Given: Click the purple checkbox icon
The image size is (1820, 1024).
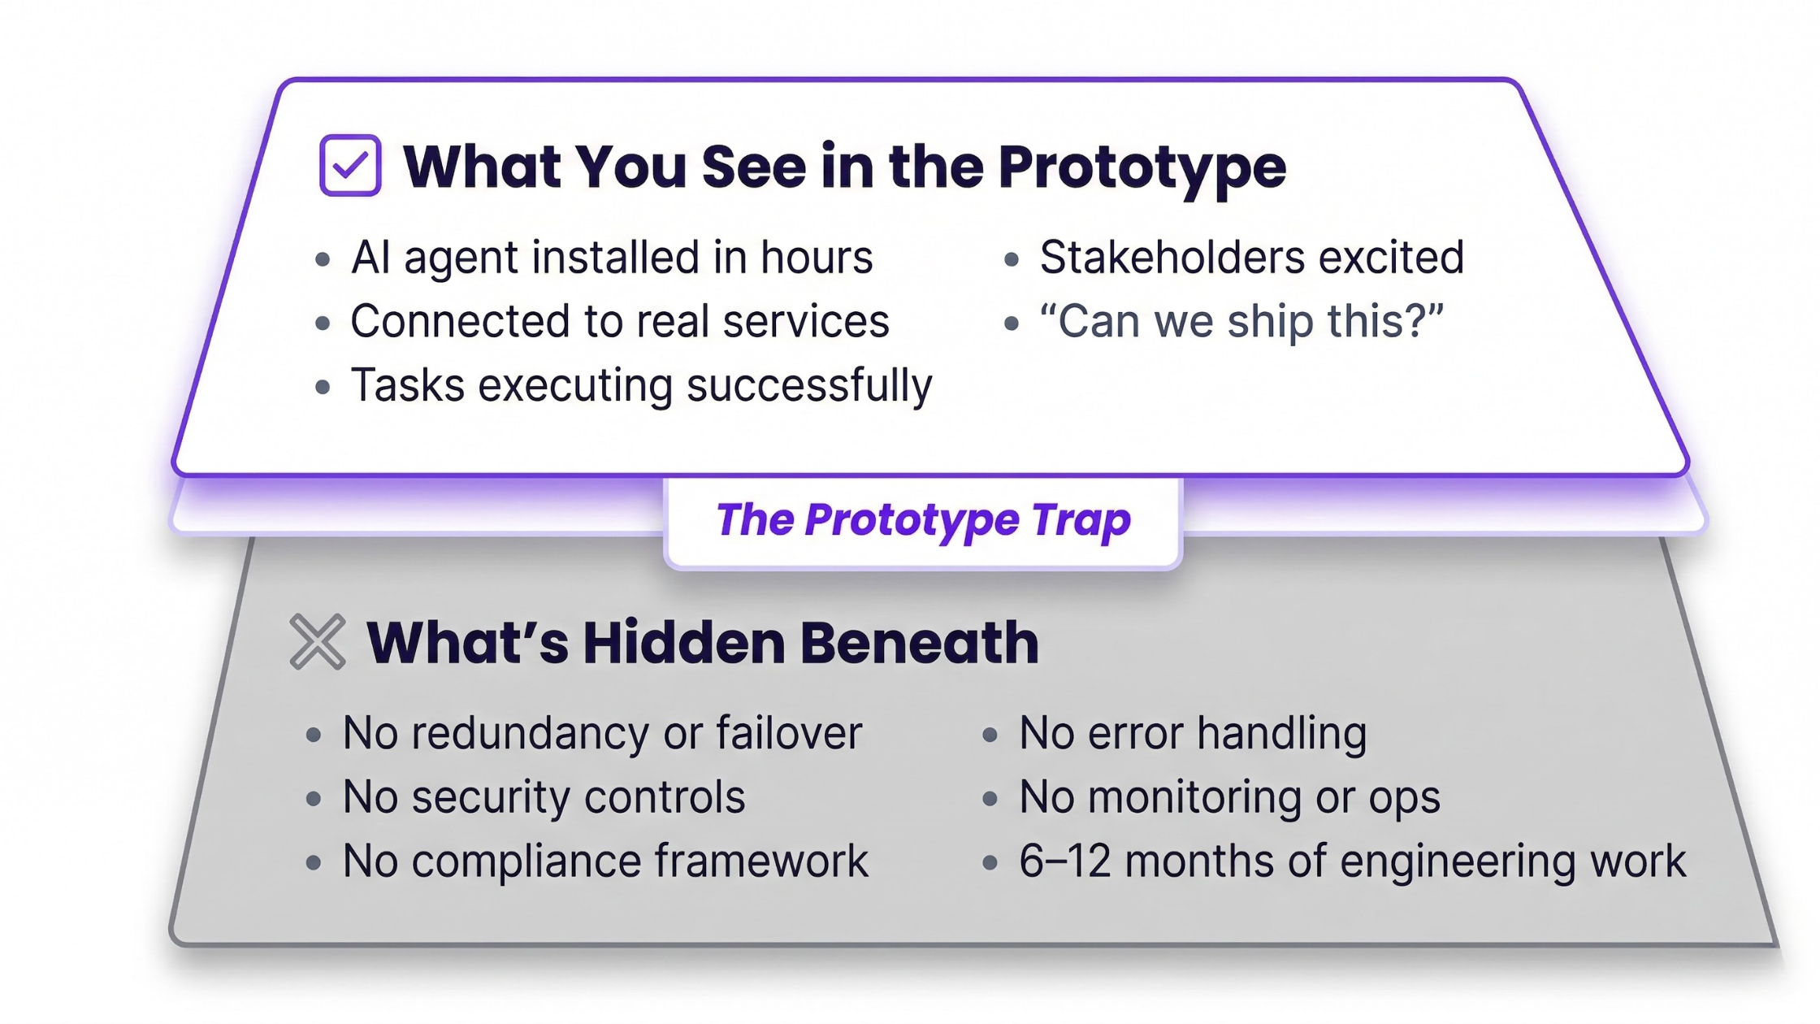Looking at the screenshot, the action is (350, 165).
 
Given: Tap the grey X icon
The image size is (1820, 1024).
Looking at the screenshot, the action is (318, 642).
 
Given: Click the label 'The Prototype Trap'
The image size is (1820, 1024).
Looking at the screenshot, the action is (923, 520).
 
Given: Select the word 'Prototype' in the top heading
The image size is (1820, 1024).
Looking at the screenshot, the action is (1142, 167).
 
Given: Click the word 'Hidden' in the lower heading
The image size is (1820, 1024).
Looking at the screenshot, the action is (683, 642).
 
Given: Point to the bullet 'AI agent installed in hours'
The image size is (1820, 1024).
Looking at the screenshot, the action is (612, 258).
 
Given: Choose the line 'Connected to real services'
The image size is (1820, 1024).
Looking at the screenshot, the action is (620, 321).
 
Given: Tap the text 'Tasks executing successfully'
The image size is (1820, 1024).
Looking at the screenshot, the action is (641, 385).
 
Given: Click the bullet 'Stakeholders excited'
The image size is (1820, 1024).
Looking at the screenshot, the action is (1252, 258).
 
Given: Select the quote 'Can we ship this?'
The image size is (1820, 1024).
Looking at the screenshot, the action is (1241, 321).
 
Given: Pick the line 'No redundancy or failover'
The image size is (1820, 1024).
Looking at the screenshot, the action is (602, 733).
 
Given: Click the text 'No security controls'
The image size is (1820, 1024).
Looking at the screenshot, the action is (544, 797).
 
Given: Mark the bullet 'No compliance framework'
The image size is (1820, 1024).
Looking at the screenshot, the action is (605, 861).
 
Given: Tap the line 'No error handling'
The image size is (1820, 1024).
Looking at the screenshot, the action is (1193, 733).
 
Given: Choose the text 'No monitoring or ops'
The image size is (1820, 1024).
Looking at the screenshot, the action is (1229, 797).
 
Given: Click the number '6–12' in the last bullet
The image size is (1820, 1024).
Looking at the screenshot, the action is (1065, 861).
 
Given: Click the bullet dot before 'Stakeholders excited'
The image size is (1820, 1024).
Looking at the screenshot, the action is (1012, 260).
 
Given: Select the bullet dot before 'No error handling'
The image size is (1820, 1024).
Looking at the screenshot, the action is (990, 735).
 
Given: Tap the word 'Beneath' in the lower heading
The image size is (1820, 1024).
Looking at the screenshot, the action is (920, 642).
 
